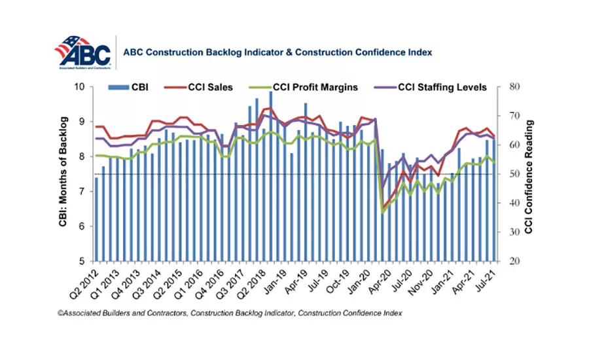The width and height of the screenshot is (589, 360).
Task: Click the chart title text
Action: point(277,52)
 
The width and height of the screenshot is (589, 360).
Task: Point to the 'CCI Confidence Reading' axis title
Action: point(529,174)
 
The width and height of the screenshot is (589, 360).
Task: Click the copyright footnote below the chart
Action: point(229,314)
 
